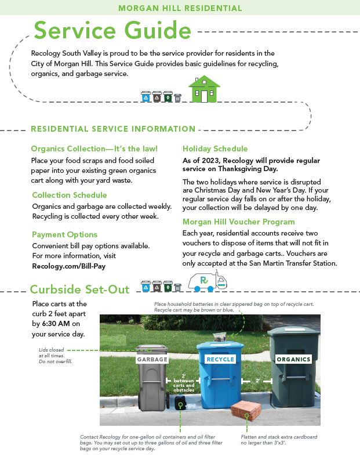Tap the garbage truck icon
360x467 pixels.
207,281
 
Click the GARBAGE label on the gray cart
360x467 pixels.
152,359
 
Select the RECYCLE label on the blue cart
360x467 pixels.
220,359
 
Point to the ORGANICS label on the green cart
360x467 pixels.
293,359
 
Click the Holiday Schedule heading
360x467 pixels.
215,149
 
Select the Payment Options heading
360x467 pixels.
64,234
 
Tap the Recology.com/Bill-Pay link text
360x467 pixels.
68,266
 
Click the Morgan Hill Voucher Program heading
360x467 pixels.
239,222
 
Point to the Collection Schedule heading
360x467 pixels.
70,195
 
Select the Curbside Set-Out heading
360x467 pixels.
80,288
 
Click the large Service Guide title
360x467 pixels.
112,30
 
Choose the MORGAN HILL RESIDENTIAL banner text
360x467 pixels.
180,8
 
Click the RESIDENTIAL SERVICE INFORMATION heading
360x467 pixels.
113,129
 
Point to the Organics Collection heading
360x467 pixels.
94,149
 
